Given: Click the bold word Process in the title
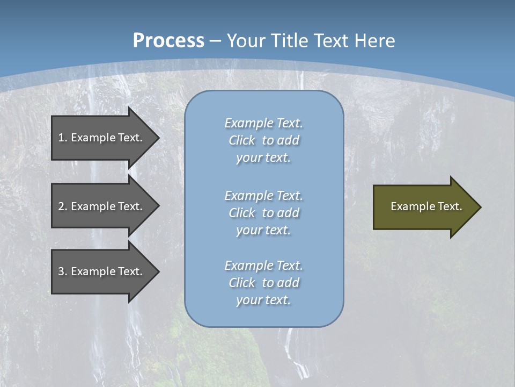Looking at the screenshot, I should (168, 41).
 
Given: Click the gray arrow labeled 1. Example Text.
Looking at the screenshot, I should (102, 138).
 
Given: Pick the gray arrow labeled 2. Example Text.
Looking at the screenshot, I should (102, 206).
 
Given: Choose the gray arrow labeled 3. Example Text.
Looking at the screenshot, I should (102, 271).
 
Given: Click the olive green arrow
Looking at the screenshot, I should (424, 207).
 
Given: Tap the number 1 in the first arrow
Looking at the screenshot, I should (61, 138).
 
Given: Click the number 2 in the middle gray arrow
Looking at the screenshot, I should (61, 206).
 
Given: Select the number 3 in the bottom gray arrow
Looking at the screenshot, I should (61, 271).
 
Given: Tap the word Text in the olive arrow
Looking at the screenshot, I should (450, 206).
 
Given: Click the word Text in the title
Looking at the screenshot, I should (327, 41).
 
